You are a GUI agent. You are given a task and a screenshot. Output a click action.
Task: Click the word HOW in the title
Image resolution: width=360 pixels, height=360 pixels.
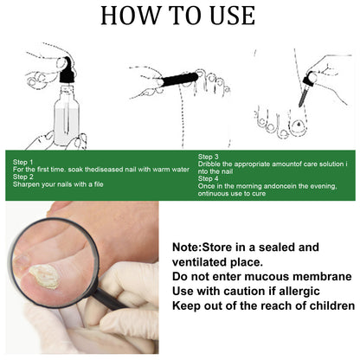click(129, 16)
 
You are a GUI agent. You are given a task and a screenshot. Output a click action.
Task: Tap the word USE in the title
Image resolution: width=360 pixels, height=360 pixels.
click(228, 16)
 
